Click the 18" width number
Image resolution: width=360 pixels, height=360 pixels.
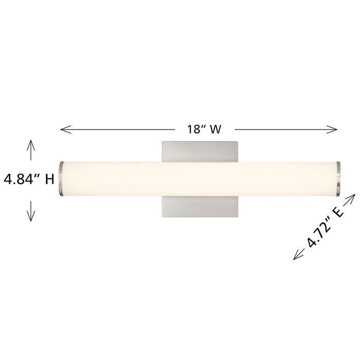[x=194, y=129]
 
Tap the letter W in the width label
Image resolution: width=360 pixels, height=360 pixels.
[x=215, y=129]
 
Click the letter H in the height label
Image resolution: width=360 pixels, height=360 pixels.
[x=49, y=179]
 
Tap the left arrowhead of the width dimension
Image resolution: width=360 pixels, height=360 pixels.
[x=66, y=130]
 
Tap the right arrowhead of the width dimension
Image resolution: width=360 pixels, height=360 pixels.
[x=332, y=129]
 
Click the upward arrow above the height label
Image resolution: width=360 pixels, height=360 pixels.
[x=31, y=150]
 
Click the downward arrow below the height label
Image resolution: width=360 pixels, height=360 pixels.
[x=31, y=211]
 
